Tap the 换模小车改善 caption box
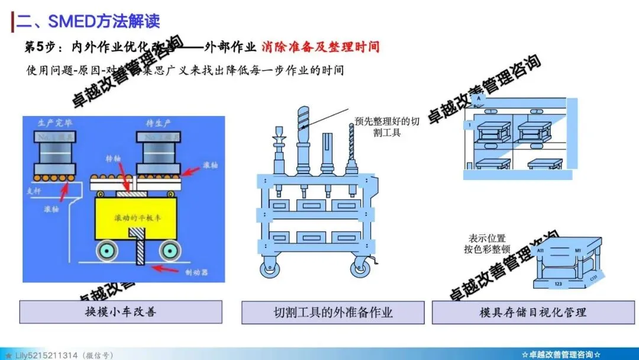(x=121, y=312)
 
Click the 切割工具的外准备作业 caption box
(x=333, y=312)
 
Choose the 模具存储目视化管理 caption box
(x=532, y=312)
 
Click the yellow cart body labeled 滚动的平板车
(x=138, y=217)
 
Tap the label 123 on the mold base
(x=558, y=284)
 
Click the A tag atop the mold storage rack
(x=478, y=98)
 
